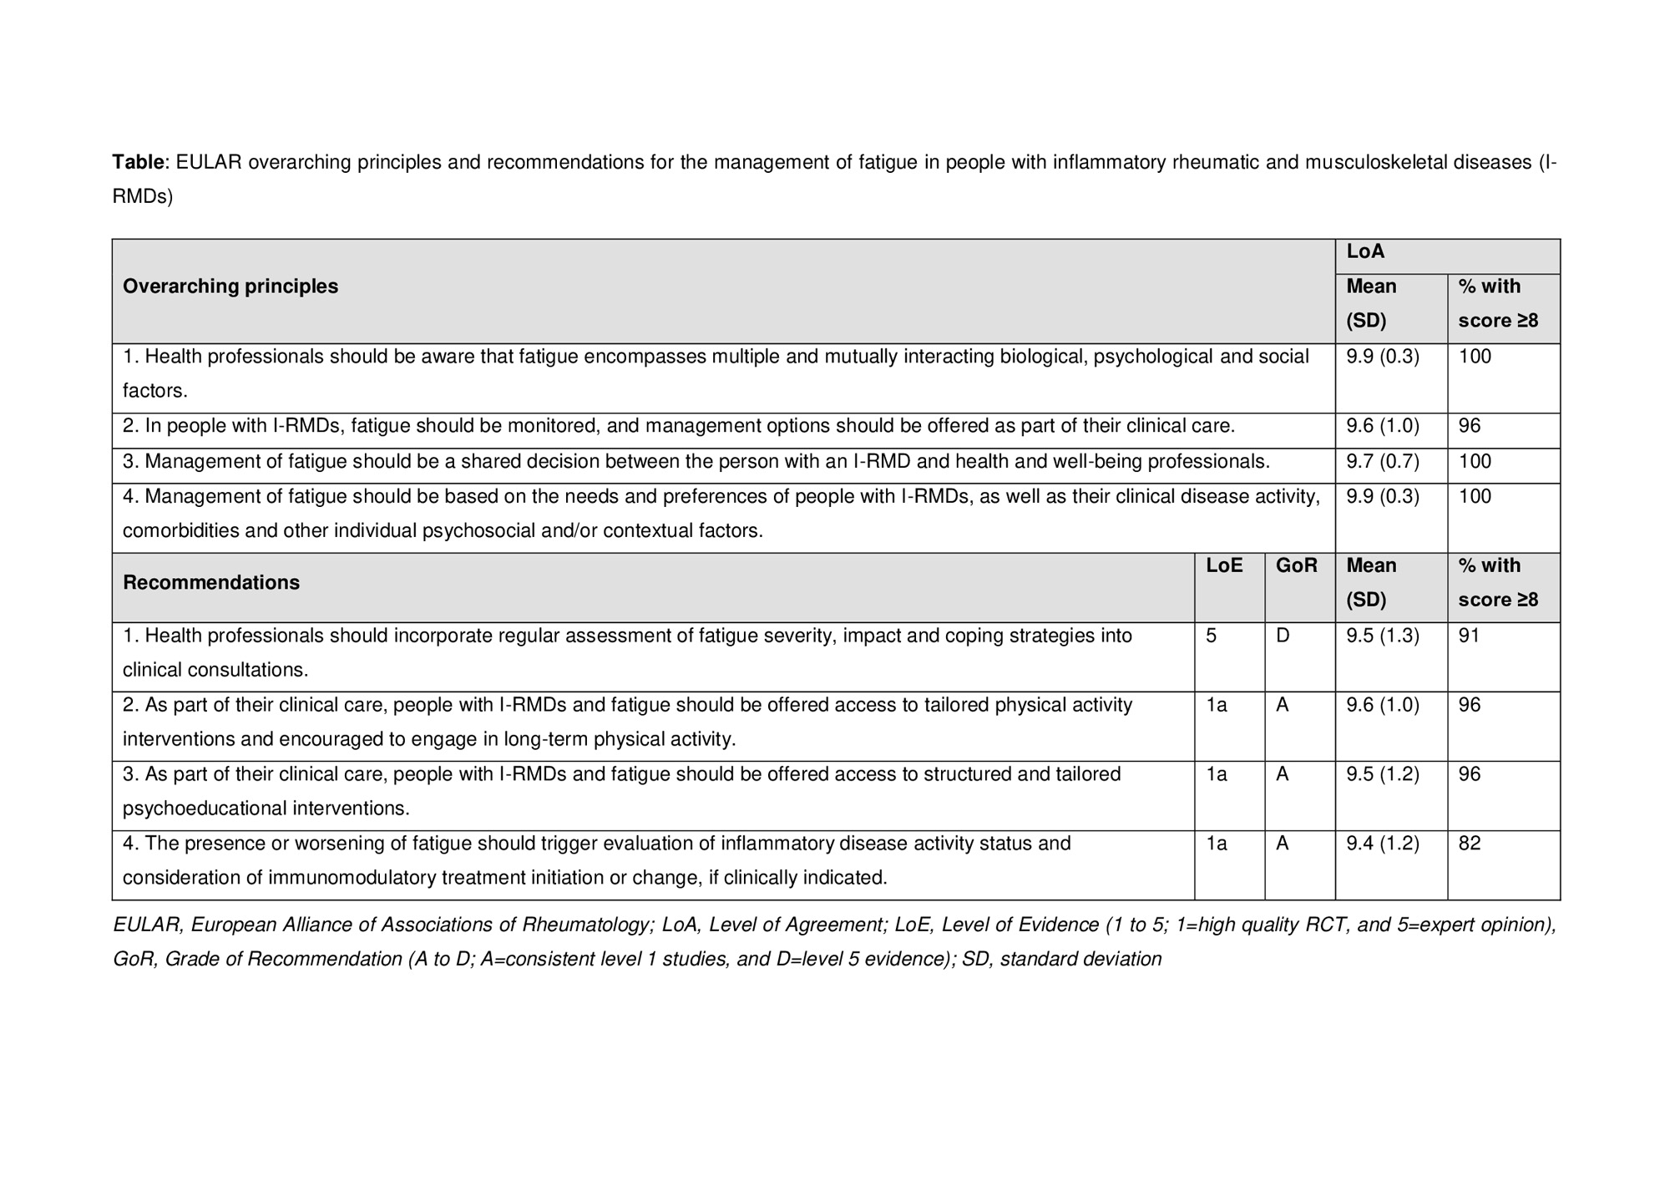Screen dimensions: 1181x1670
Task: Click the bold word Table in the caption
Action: (x=139, y=162)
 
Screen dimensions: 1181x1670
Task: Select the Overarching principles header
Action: (x=230, y=286)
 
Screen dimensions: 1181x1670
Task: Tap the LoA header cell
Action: (x=1365, y=251)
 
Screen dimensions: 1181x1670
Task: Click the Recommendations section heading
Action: (x=211, y=583)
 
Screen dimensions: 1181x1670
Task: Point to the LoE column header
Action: (x=1224, y=565)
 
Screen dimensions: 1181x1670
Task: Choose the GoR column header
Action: (x=1296, y=565)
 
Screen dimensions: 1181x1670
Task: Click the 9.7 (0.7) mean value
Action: (x=1383, y=462)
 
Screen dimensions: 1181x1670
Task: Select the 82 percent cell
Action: (x=1470, y=844)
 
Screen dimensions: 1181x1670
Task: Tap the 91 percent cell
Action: (x=1469, y=636)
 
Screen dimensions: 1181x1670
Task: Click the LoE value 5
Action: (x=1212, y=636)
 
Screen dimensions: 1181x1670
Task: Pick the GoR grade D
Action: (x=1283, y=636)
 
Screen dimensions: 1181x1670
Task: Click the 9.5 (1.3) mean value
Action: (x=1383, y=636)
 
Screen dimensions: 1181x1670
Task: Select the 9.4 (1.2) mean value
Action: (x=1383, y=844)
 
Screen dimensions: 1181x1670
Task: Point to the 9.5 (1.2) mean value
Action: (x=1383, y=774)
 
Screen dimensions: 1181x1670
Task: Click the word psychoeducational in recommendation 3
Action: (x=205, y=808)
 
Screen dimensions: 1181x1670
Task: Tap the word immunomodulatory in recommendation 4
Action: (x=359, y=878)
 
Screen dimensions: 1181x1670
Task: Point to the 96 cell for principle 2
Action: (x=1470, y=426)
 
